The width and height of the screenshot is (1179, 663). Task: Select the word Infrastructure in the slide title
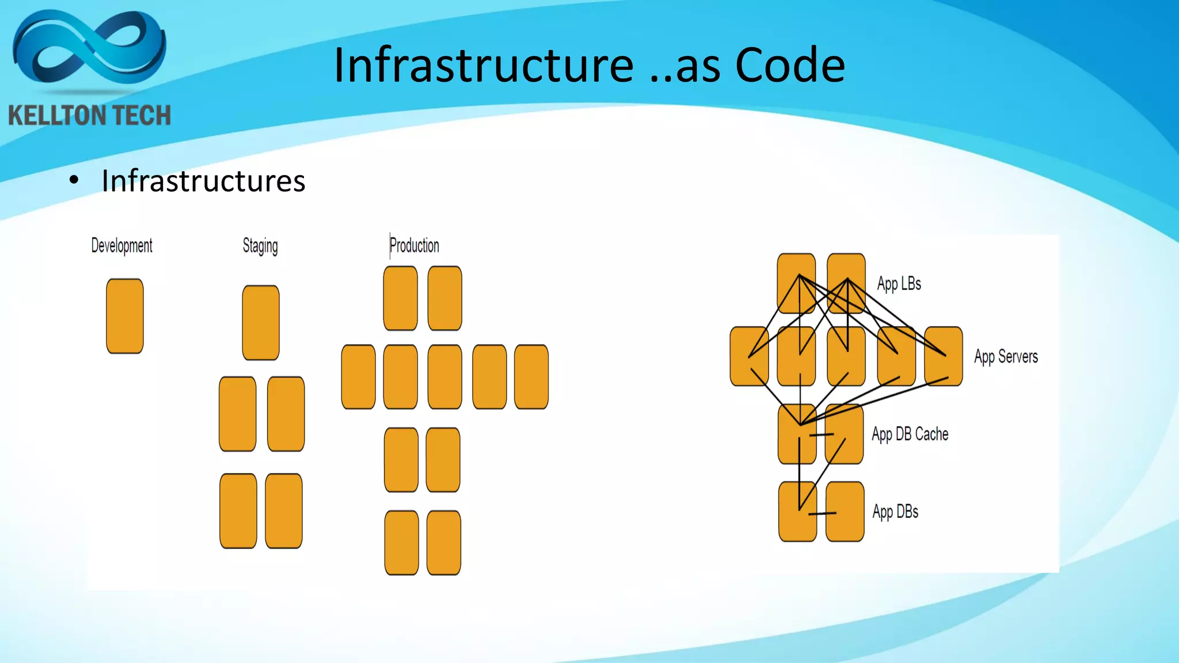tap(484, 65)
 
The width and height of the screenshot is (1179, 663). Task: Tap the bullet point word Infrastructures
tap(203, 181)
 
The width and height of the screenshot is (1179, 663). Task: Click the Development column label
tap(121, 246)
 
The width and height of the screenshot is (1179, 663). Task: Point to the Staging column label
tap(260, 246)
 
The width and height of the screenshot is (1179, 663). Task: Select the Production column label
tap(414, 246)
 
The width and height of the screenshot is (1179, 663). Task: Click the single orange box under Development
tap(125, 316)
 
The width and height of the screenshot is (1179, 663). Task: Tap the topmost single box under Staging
tap(261, 323)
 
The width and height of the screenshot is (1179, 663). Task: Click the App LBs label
tap(899, 284)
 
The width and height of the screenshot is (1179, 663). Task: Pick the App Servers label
tap(1006, 357)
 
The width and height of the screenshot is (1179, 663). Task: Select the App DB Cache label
tap(910, 434)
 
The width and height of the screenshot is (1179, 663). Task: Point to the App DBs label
tap(895, 512)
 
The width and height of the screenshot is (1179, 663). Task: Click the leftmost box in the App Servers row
tap(748, 356)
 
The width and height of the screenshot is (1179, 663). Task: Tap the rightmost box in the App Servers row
tap(944, 356)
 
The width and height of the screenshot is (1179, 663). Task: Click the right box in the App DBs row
tap(845, 512)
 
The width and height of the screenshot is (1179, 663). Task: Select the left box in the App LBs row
tap(796, 283)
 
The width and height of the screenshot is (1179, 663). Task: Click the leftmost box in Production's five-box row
tap(358, 377)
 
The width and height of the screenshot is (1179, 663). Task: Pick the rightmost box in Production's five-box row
tap(531, 377)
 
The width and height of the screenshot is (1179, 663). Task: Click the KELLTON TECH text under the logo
tap(90, 116)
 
